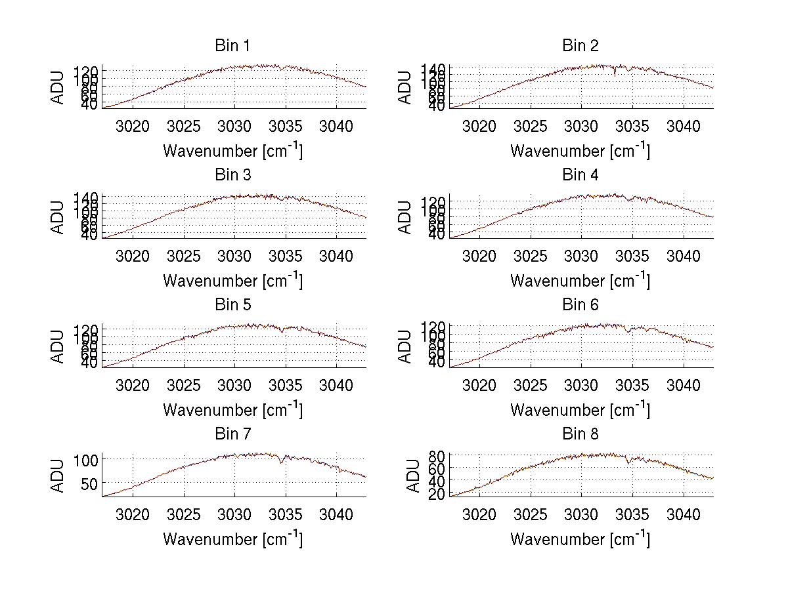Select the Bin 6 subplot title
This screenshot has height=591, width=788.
580,304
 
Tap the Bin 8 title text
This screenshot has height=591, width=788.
580,434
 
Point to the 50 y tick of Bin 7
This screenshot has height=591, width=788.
88,483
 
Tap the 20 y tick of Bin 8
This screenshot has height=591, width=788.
438,494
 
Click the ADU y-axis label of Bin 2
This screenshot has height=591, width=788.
406,87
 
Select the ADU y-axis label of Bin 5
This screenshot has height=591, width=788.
58,346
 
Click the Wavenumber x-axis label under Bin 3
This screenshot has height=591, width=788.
232,280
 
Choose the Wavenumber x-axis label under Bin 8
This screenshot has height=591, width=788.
580,539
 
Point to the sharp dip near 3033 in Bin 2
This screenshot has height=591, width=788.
615,75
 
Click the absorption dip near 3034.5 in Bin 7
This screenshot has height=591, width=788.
281,462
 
